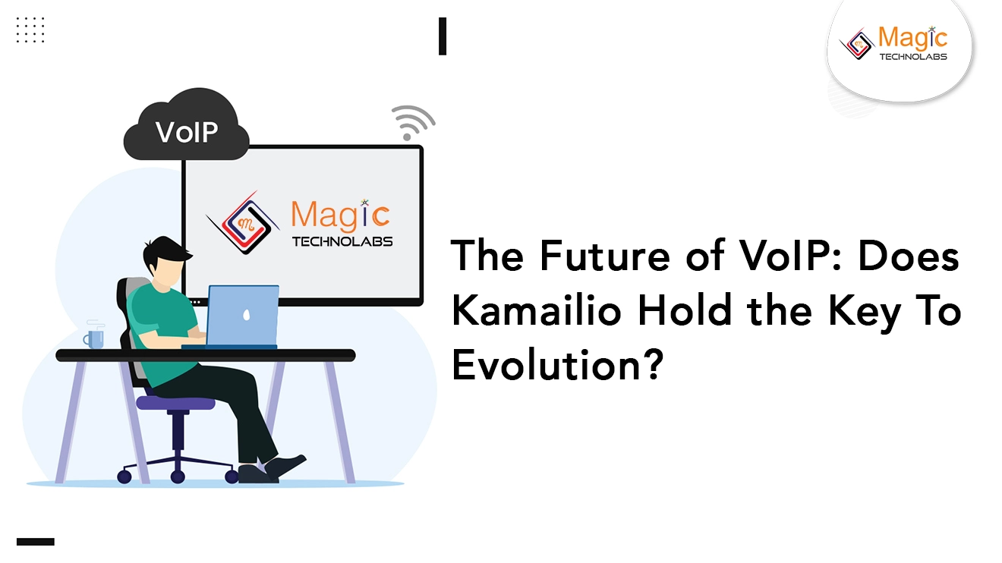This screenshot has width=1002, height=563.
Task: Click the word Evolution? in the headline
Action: tap(552, 366)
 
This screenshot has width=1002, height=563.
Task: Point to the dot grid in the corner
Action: tap(30, 30)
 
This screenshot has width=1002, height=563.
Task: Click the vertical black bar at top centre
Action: tap(442, 36)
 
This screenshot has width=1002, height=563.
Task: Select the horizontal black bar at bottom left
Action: tap(36, 542)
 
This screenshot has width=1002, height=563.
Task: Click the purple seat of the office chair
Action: tap(175, 403)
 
